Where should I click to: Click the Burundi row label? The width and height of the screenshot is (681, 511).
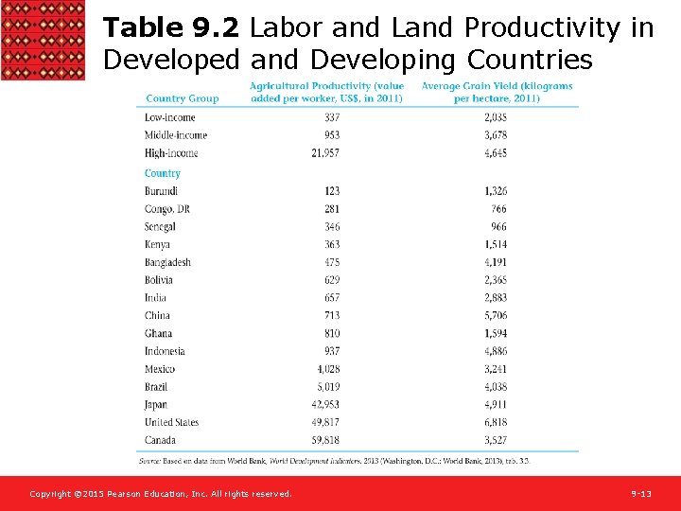coord(162,191)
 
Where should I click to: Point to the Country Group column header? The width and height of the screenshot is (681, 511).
coord(183,98)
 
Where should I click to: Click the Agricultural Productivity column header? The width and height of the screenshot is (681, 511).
coord(326,93)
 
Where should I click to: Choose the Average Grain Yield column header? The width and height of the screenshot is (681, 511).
coord(497,93)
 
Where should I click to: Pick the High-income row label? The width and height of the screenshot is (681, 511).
coord(171,153)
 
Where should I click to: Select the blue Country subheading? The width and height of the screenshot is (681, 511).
coord(163,173)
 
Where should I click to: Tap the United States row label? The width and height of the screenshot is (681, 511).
coord(172,422)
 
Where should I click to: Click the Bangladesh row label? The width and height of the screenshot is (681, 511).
coord(167,262)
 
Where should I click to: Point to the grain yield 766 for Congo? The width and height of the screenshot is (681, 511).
coord(498,209)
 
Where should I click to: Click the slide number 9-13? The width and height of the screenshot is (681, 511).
coord(642,494)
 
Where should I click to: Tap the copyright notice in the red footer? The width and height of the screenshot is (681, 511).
coord(161,494)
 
